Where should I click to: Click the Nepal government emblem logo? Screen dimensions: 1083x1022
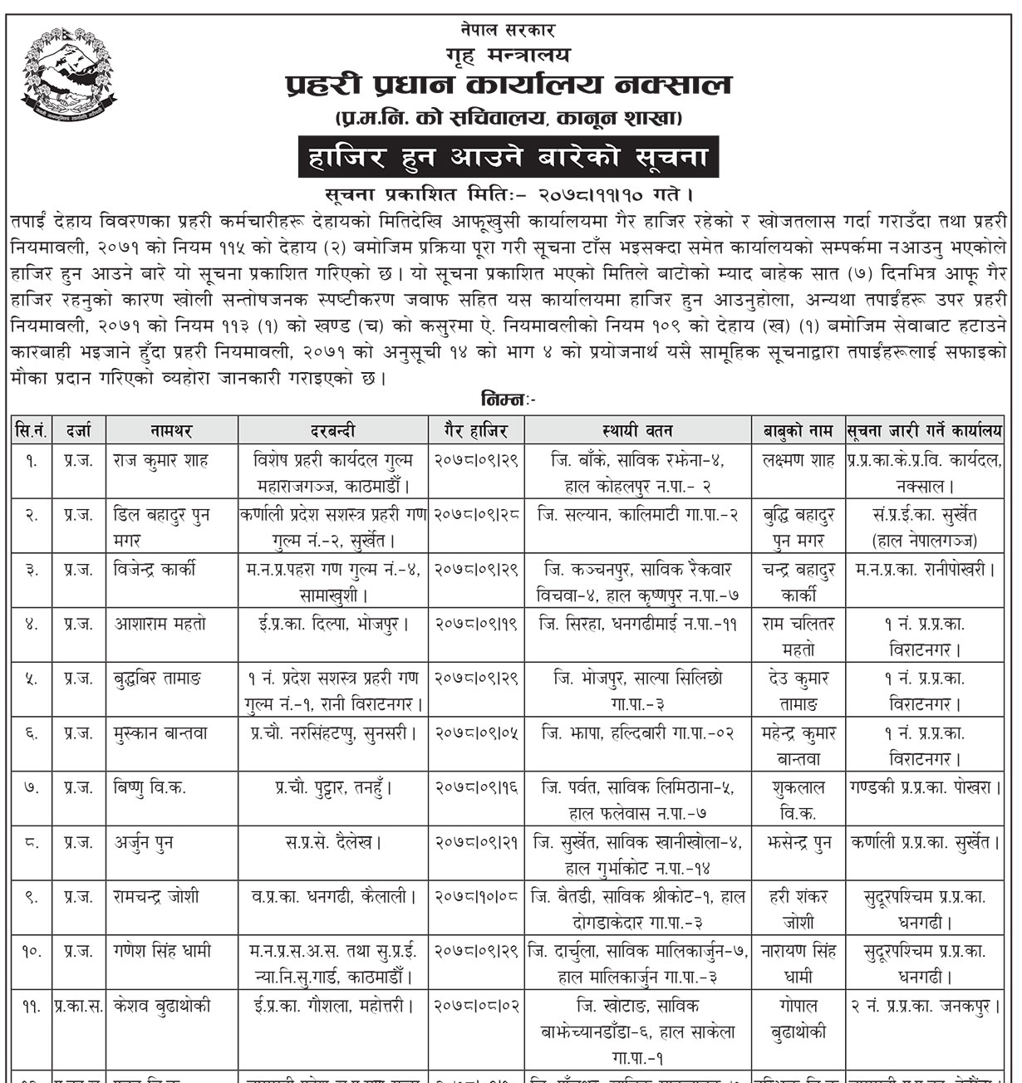(69, 76)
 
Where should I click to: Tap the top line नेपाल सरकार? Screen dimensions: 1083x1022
(508, 30)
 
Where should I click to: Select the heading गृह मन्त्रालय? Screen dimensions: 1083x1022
(508, 55)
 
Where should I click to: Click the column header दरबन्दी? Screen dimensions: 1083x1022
(333, 430)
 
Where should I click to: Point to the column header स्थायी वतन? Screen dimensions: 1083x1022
(637, 430)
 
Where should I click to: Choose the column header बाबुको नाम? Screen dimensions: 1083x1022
(798, 430)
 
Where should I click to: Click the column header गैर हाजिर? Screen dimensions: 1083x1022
(476, 430)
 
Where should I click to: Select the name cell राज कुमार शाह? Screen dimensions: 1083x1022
(161, 460)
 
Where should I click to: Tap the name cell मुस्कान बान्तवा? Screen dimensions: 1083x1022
(161, 733)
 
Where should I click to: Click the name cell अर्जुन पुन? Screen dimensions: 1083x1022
(144, 843)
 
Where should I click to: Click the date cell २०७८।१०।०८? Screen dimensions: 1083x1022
(476, 897)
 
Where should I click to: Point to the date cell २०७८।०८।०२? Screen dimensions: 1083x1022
(476, 1006)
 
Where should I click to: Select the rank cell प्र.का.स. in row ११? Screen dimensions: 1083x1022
(79, 1006)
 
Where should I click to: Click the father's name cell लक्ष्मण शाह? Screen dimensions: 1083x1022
(798, 460)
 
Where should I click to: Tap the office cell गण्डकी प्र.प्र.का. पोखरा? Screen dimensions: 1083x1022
(925, 787)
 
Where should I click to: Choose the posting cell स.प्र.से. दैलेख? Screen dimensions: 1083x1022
(333, 843)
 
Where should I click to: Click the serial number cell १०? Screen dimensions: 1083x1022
(32, 952)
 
